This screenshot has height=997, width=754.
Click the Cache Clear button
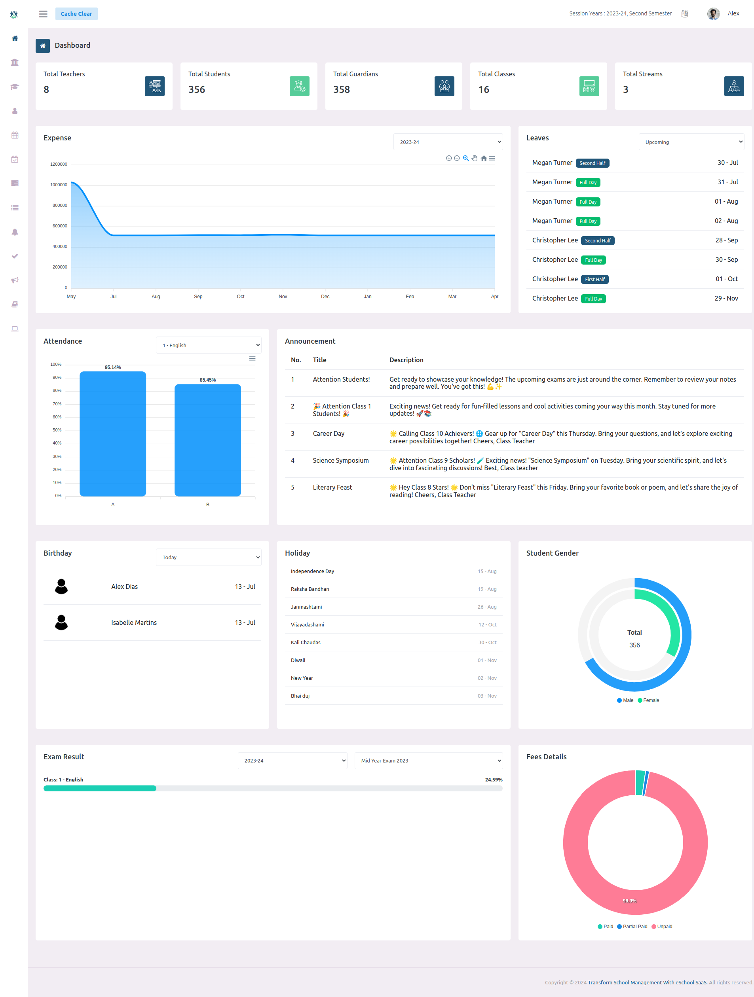[76, 13]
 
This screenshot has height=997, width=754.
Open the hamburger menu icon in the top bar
[43, 13]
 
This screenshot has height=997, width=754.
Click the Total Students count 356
[197, 89]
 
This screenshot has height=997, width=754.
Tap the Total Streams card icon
[734, 86]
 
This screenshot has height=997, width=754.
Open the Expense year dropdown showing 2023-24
[448, 142]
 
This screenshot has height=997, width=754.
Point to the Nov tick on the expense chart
[283, 296]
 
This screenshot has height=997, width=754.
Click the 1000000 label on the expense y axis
[59, 185]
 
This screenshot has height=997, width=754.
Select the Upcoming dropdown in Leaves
[691, 142]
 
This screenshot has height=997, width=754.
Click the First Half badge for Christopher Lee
[594, 280]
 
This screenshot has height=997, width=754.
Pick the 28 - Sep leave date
[726, 240]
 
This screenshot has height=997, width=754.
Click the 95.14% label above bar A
[113, 367]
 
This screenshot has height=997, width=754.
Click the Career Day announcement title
[328, 433]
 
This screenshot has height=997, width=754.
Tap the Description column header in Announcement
[406, 359]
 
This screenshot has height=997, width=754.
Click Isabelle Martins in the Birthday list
[134, 622]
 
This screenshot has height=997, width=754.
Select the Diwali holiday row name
[298, 660]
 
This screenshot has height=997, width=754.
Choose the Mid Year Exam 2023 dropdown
[428, 761]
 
